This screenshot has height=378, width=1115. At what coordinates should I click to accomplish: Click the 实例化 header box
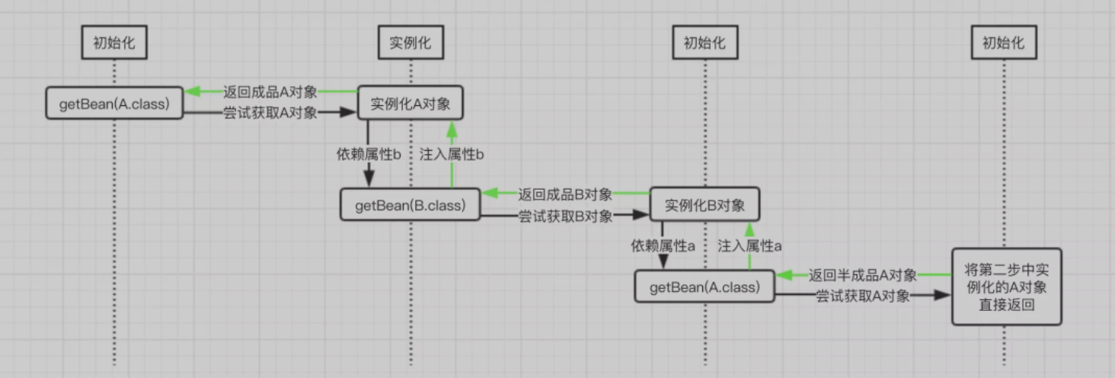point(411,43)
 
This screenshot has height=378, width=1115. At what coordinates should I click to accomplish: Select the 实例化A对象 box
point(411,103)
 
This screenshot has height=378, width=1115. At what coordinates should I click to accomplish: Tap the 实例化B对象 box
point(704,204)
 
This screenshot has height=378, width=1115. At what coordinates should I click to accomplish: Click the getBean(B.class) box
point(411,204)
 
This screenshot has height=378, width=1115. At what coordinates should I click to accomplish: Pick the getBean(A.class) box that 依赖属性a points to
point(704,287)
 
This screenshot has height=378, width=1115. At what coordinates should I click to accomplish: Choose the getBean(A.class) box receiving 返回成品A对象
point(114,103)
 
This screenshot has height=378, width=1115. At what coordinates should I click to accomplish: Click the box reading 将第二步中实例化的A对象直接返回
point(1007,287)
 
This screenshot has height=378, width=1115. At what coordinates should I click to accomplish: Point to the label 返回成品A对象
point(270,91)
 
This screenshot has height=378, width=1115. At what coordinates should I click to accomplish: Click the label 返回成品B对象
point(565,194)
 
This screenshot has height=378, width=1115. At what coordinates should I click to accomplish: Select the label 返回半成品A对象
point(863,275)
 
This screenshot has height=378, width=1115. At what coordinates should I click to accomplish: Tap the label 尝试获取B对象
point(565,216)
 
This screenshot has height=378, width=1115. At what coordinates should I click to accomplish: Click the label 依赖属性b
point(369,155)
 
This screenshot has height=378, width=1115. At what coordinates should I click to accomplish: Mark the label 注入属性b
point(452,155)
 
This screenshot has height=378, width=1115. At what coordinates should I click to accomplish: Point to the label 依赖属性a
point(663,245)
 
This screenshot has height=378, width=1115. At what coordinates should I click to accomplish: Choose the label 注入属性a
point(749,245)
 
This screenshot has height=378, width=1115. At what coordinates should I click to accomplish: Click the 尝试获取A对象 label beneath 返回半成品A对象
point(863,296)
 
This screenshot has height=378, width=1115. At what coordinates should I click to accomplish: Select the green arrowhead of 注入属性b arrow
point(452,129)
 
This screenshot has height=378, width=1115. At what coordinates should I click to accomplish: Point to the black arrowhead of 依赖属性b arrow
point(369,178)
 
